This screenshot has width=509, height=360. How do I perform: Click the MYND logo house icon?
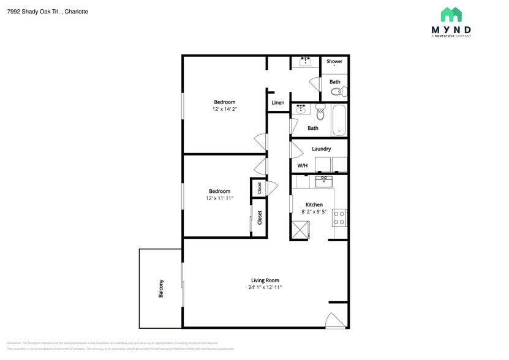451,15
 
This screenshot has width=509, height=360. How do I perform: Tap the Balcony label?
161,288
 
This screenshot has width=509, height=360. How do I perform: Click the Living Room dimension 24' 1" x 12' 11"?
265,287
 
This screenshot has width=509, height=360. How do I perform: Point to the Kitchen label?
314,204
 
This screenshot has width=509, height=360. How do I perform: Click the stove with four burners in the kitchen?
339,217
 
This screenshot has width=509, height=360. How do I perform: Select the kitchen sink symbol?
323,181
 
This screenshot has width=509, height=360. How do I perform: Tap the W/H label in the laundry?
303,166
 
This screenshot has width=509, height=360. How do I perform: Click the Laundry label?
321,149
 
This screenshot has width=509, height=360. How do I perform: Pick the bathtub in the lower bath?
339,120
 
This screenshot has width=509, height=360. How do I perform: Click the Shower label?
334,61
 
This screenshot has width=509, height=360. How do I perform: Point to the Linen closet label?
277,103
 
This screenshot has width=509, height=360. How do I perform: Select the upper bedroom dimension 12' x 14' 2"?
224,109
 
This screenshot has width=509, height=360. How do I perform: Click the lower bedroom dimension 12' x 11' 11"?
219,198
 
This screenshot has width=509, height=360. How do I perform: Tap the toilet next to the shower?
337,92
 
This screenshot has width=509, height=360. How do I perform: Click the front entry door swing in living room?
335,320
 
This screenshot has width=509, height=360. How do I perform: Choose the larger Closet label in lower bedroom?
260,217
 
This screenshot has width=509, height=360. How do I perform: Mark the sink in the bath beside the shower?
304,61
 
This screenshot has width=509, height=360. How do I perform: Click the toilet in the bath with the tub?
320,112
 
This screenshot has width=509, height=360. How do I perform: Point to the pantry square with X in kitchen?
300,230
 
